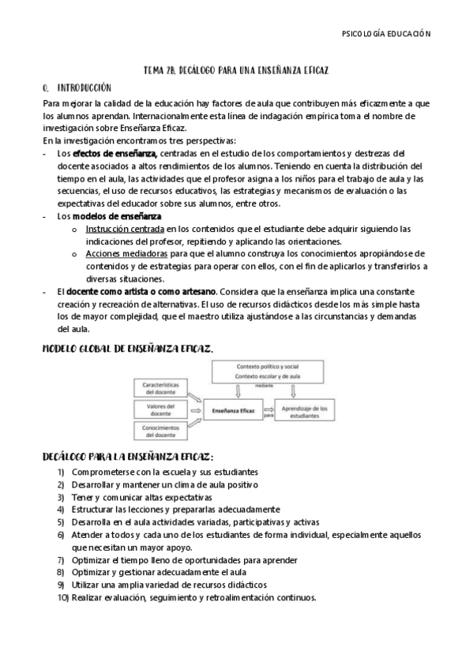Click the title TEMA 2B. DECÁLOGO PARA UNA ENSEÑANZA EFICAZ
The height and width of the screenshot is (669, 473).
[236, 71]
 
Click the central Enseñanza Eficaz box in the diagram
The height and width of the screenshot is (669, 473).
[231, 410]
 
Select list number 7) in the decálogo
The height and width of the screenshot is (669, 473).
[61, 560]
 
